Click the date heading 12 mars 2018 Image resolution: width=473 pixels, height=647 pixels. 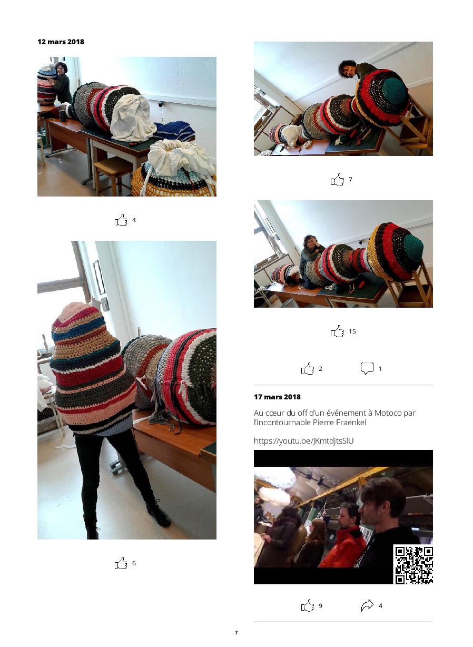pyautogui.click(x=61, y=42)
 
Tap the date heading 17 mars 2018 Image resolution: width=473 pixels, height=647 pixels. pyautogui.click(x=277, y=397)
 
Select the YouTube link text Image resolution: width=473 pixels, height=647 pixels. pyautogui.click(x=304, y=441)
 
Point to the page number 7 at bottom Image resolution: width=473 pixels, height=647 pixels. pyautogui.click(x=236, y=633)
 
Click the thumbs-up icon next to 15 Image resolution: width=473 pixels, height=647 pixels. pyautogui.click(x=338, y=331)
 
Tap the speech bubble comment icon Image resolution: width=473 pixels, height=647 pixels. pyautogui.click(x=367, y=368)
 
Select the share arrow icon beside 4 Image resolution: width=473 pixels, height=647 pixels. pyautogui.click(x=367, y=605)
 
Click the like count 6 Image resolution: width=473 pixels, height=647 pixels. pyautogui.click(x=134, y=563)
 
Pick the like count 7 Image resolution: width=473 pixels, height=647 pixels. pyautogui.click(x=350, y=179)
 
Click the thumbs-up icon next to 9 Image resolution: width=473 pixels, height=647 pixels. pyautogui.click(x=308, y=605)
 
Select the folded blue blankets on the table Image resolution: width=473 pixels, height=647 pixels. pyautogui.click(x=174, y=131)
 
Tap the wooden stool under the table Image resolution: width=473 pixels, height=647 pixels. pyautogui.click(x=113, y=175)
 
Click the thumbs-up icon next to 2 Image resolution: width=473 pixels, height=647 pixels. pyautogui.click(x=308, y=368)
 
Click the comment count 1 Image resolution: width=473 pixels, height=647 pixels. pyautogui.click(x=380, y=369)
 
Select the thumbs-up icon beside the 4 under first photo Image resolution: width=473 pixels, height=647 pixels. pyautogui.click(x=121, y=220)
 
